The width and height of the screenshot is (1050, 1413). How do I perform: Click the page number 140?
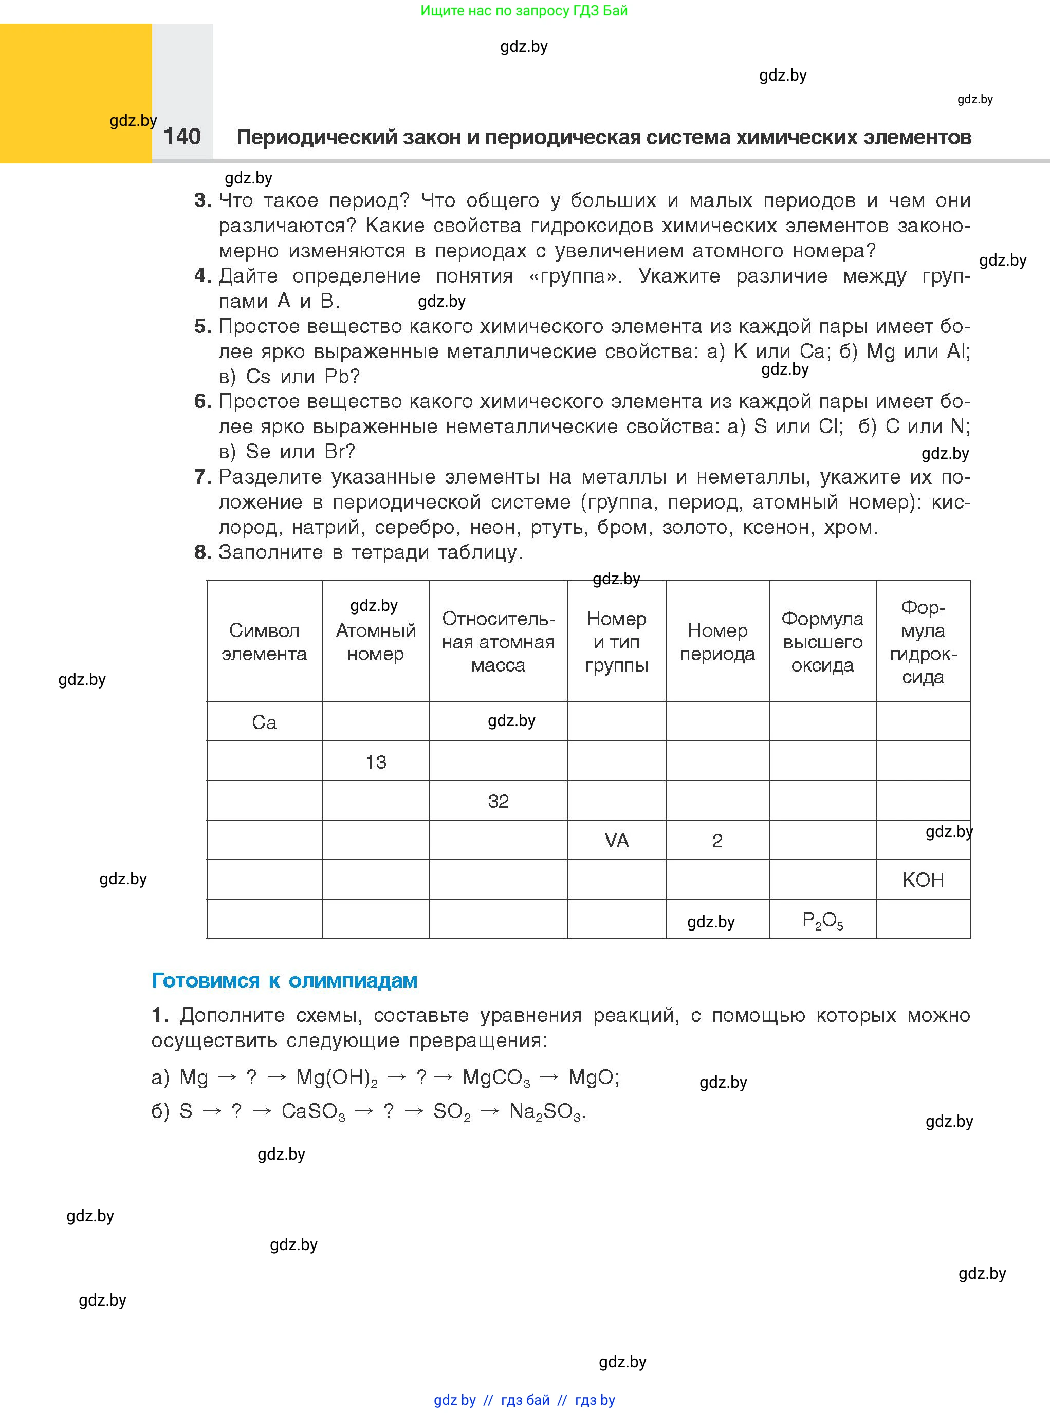[182, 137]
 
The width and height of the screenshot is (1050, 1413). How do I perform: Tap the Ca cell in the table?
[264, 722]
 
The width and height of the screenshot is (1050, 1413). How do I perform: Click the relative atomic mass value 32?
[499, 801]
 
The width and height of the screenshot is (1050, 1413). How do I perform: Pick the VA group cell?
[617, 841]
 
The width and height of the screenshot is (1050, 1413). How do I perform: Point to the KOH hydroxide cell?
[923, 880]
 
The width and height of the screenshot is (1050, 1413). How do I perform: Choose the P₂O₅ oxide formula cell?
[822, 920]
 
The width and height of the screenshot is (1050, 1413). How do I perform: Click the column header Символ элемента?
[264, 642]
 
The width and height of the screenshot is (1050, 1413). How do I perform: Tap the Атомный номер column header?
[376, 642]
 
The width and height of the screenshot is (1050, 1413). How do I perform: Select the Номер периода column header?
[717, 642]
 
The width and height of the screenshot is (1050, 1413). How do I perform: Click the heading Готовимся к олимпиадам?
[284, 980]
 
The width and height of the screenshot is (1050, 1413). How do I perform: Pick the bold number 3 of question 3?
[202, 201]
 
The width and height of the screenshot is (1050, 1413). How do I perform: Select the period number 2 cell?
[717, 841]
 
